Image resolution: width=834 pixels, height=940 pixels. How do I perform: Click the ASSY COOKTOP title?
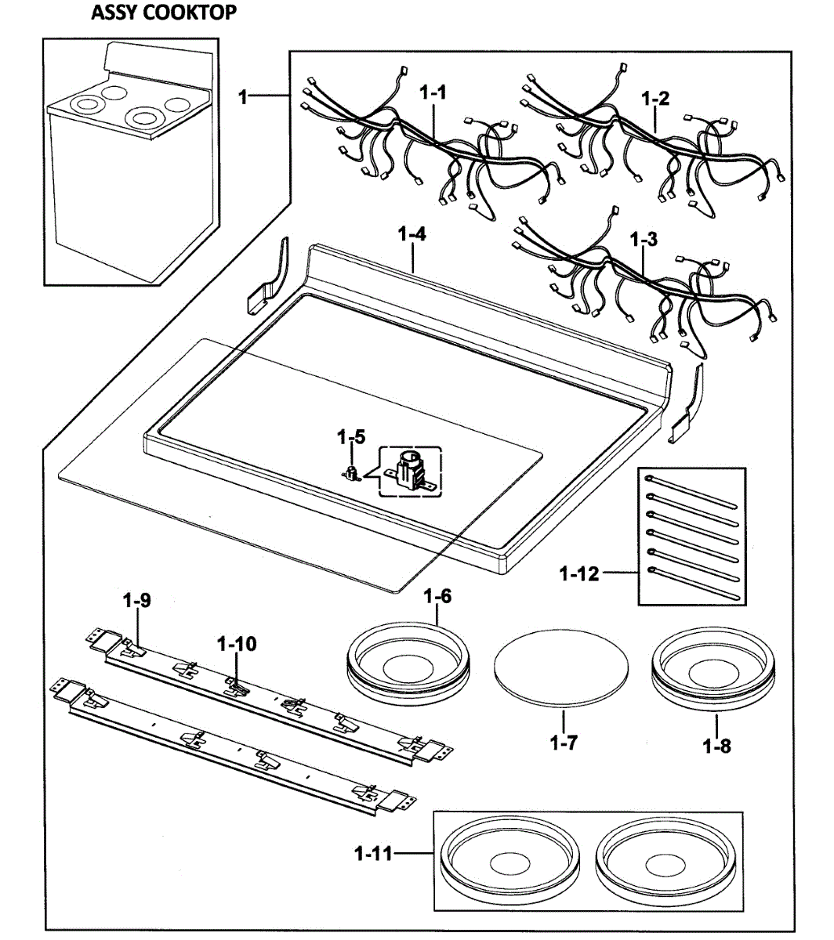pos(163,13)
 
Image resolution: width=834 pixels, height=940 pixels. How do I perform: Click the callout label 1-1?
pos(433,92)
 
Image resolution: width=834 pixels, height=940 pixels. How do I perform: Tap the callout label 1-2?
pos(655,99)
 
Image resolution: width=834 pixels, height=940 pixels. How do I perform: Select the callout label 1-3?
pos(644,240)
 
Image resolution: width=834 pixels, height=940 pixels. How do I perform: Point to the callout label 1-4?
pos(412,233)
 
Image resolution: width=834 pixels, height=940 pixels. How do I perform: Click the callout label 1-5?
pos(350,437)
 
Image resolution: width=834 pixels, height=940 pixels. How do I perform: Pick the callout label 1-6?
pos(437,596)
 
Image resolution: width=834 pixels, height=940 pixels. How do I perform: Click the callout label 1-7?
pos(564,743)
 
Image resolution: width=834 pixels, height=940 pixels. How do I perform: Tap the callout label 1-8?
pos(716,747)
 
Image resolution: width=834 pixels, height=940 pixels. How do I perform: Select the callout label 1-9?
pos(137,601)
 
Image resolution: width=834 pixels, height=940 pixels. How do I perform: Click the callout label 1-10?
pos(237,644)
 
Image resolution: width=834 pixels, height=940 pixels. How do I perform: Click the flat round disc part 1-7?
pos(560,666)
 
